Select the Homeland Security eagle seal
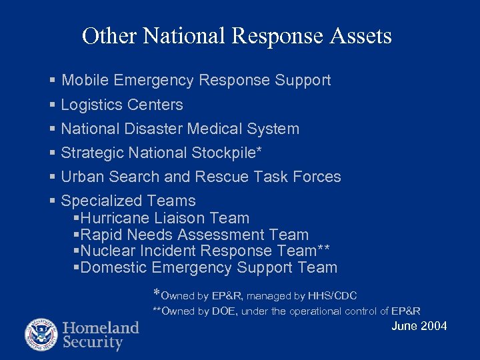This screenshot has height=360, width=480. coord(41,335)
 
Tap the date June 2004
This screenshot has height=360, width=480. coord(419,326)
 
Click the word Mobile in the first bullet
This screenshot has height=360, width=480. coord(85,81)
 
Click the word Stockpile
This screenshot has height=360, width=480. coord(226,153)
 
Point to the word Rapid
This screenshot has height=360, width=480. coord(101,235)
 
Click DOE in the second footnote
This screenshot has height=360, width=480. coord(227,311)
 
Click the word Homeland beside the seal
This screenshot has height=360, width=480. coord(101,328)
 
